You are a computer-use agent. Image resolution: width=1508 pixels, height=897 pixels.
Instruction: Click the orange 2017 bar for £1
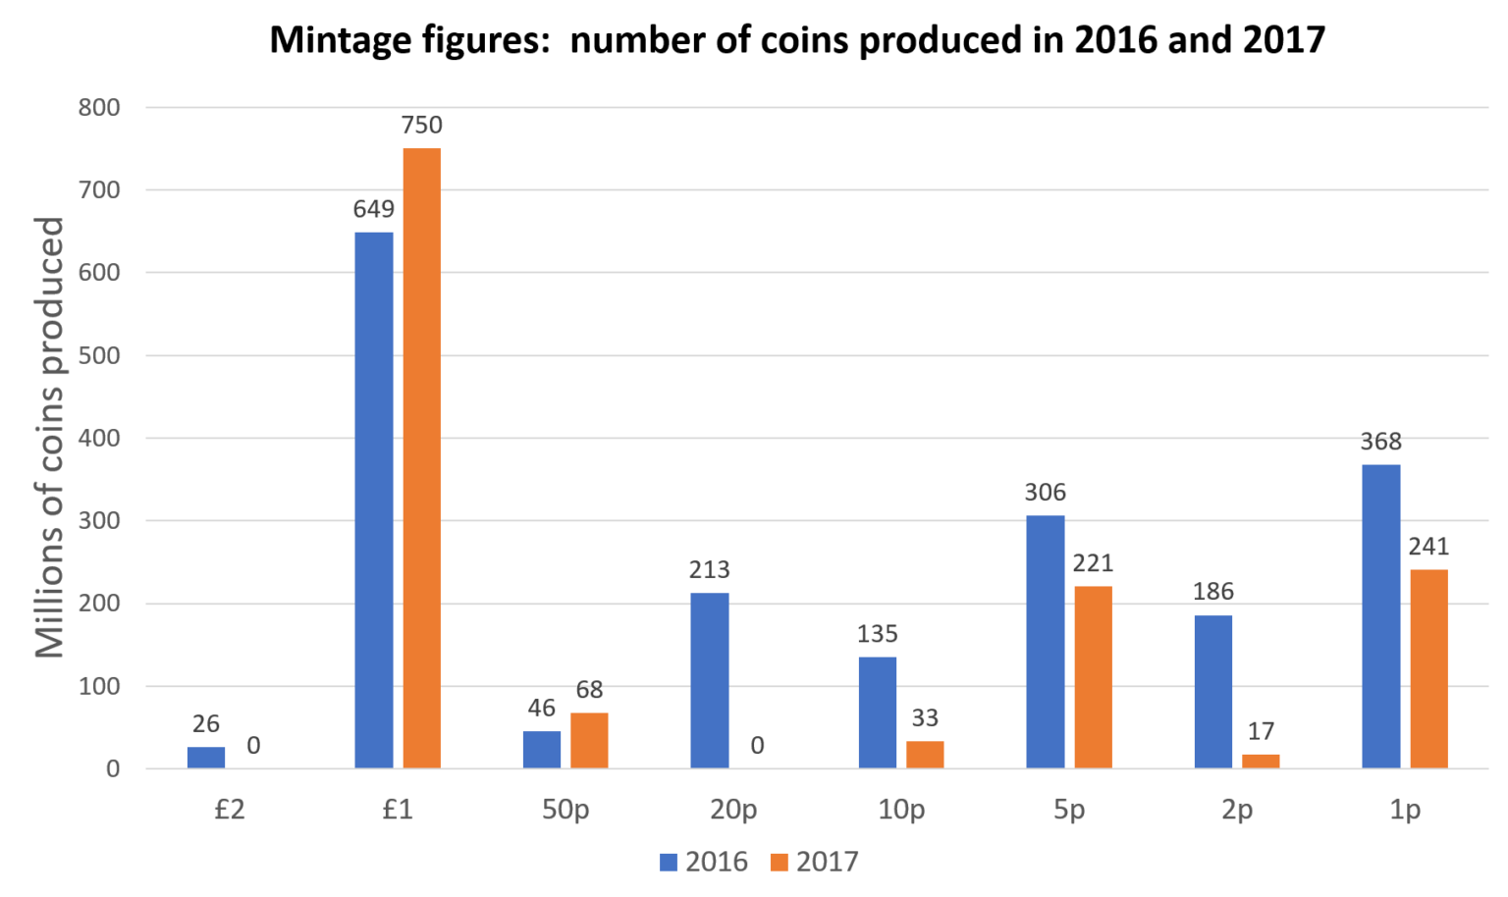click(x=421, y=457)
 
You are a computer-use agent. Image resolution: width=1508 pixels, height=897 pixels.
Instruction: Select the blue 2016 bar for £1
click(x=373, y=500)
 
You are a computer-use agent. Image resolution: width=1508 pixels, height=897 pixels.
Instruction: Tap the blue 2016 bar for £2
click(x=205, y=757)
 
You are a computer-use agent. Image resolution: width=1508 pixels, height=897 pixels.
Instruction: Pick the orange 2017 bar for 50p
click(x=589, y=740)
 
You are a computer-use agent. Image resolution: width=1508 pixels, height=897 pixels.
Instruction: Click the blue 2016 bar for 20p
click(x=709, y=680)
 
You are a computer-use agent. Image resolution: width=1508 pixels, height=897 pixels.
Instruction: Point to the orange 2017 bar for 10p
click(x=925, y=754)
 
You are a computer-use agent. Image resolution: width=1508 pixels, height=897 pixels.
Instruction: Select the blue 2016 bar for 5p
click(x=1045, y=641)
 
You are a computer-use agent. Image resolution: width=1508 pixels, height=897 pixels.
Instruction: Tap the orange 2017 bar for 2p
click(x=1261, y=761)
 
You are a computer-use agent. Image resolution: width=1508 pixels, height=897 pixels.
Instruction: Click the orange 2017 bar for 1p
click(x=1428, y=668)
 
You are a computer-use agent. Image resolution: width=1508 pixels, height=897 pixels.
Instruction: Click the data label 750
click(x=421, y=126)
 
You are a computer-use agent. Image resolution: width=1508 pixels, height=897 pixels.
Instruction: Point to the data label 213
click(x=709, y=570)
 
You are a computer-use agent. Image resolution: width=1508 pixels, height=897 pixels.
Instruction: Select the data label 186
click(x=1212, y=592)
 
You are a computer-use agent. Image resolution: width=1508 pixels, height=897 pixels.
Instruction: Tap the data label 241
click(x=1428, y=547)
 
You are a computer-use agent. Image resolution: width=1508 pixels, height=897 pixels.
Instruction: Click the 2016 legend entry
click(x=704, y=862)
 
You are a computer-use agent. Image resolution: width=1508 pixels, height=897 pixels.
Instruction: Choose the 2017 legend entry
click(x=814, y=862)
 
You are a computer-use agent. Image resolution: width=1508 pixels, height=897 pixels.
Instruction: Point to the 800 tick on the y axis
click(x=99, y=108)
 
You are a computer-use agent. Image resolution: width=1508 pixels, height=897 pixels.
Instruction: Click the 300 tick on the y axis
click(x=99, y=521)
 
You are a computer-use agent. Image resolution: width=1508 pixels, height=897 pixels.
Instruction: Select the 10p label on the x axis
click(x=901, y=811)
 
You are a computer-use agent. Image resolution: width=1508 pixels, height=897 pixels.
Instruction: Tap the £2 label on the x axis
click(x=229, y=811)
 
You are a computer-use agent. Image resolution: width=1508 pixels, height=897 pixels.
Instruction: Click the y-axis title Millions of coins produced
click(x=49, y=438)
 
